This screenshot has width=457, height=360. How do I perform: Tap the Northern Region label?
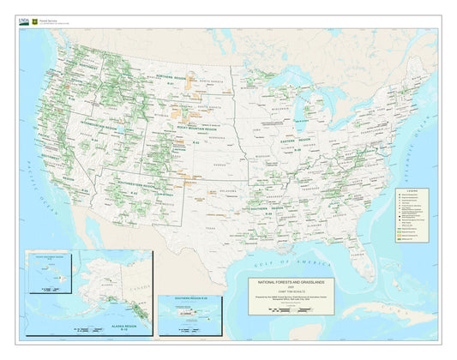click(171, 75)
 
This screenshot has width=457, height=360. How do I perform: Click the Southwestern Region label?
click(133, 186)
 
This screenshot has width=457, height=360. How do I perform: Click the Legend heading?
click(414, 190)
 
